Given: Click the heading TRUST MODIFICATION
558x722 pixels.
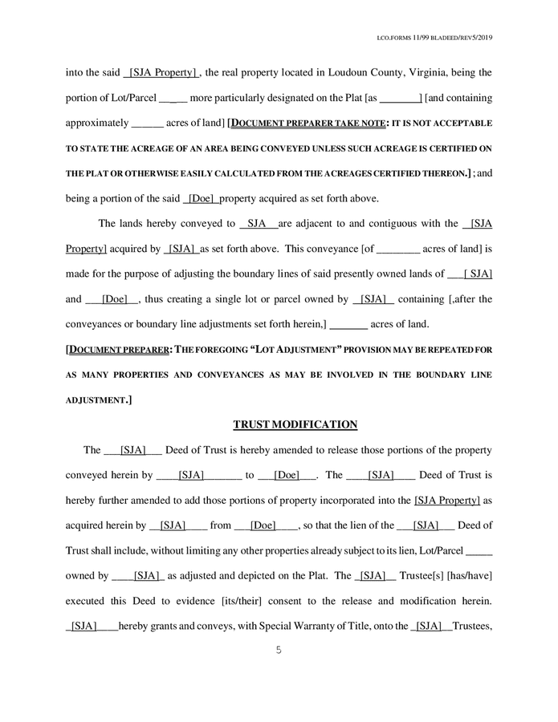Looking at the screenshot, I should pyautogui.click(x=295, y=424).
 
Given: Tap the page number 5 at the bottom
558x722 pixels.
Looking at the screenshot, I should pyautogui.click(x=278, y=651).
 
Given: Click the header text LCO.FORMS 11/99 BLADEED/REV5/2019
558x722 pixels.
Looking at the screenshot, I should pyautogui.click(x=434, y=38).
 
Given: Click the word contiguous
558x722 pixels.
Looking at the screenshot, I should pyautogui.click(x=396, y=224).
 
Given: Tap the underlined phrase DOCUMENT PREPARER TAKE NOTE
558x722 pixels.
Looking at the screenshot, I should pyautogui.click(x=309, y=124).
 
